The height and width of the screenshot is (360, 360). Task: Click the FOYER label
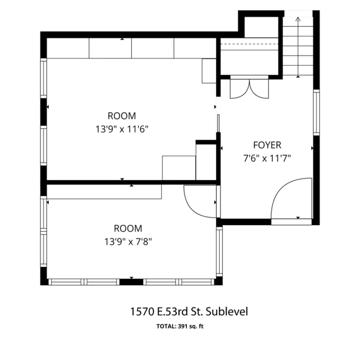point(267,145)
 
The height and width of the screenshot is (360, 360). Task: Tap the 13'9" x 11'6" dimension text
point(122,129)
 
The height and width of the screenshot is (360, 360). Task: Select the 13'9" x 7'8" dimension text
point(128,242)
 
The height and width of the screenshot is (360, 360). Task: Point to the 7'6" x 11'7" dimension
point(267,158)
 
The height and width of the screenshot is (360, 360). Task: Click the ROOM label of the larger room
point(122,116)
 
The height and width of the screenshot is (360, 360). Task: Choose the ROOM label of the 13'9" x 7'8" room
point(128,228)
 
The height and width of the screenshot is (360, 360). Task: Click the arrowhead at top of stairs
point(298,19)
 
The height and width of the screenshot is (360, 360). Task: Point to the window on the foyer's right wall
point(316,112)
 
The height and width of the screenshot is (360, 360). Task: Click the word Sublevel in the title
point(227,312)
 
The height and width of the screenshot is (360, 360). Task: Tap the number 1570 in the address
point(142,312)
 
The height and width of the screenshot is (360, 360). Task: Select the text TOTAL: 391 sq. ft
point(180,326)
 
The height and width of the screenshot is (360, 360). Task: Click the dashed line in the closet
point(249,44)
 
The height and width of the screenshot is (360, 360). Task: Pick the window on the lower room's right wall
point(219,252)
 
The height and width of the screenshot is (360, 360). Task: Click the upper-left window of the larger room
point(44,78)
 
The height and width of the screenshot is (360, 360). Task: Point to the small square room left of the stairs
point(262,27)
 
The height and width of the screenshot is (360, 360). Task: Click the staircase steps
point(298,46)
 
